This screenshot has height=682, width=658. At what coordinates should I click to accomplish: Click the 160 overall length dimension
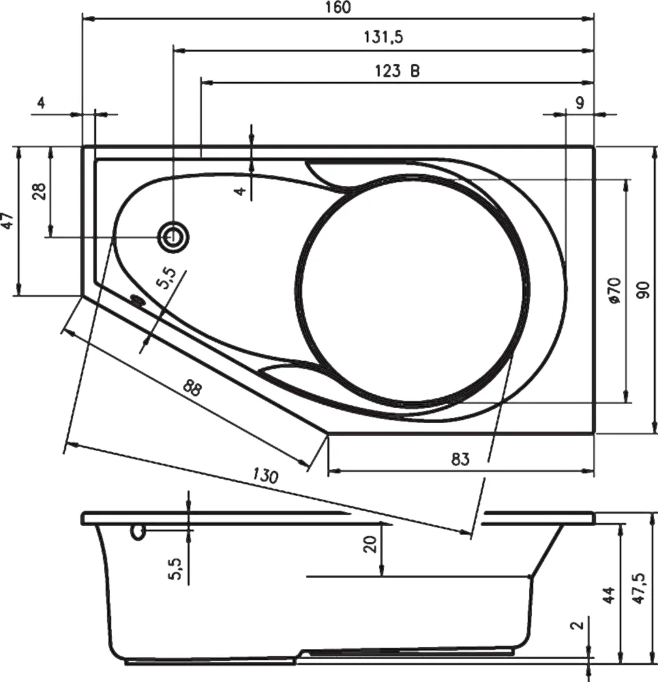coord(338,8)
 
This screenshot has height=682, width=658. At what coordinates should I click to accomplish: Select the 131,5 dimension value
coord(383,37)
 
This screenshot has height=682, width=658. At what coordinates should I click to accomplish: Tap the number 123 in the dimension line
coord(388,70)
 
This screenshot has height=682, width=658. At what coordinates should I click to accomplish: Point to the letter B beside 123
coord(415,70)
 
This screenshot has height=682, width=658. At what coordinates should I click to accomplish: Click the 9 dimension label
coord(580,103)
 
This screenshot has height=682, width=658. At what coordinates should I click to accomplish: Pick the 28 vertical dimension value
coord(39,191)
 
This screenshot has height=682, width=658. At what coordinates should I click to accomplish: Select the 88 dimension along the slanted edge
coord(192,387)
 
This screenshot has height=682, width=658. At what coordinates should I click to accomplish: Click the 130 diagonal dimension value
coord(265,476)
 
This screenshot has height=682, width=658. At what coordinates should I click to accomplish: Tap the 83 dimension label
coord(460,459)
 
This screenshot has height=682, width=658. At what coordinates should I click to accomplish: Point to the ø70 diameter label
coord(614,291)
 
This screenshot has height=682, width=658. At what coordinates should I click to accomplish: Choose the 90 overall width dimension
coord(643,290)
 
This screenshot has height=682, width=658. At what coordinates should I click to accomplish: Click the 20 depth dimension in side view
coord(370,544)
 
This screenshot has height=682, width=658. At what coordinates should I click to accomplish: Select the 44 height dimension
coord(609,595)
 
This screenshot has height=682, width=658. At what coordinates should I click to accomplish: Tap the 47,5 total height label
coord(640,589)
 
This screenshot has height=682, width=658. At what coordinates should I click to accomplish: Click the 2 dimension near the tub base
coord(577,625)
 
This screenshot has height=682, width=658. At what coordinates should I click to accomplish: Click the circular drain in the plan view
coord(173,237)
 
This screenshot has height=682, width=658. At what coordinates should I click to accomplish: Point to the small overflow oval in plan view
coord(138,301)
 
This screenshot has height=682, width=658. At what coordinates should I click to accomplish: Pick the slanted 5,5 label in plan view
coord(166,278)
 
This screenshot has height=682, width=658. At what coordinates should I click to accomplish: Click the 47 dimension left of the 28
coord(8,220)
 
